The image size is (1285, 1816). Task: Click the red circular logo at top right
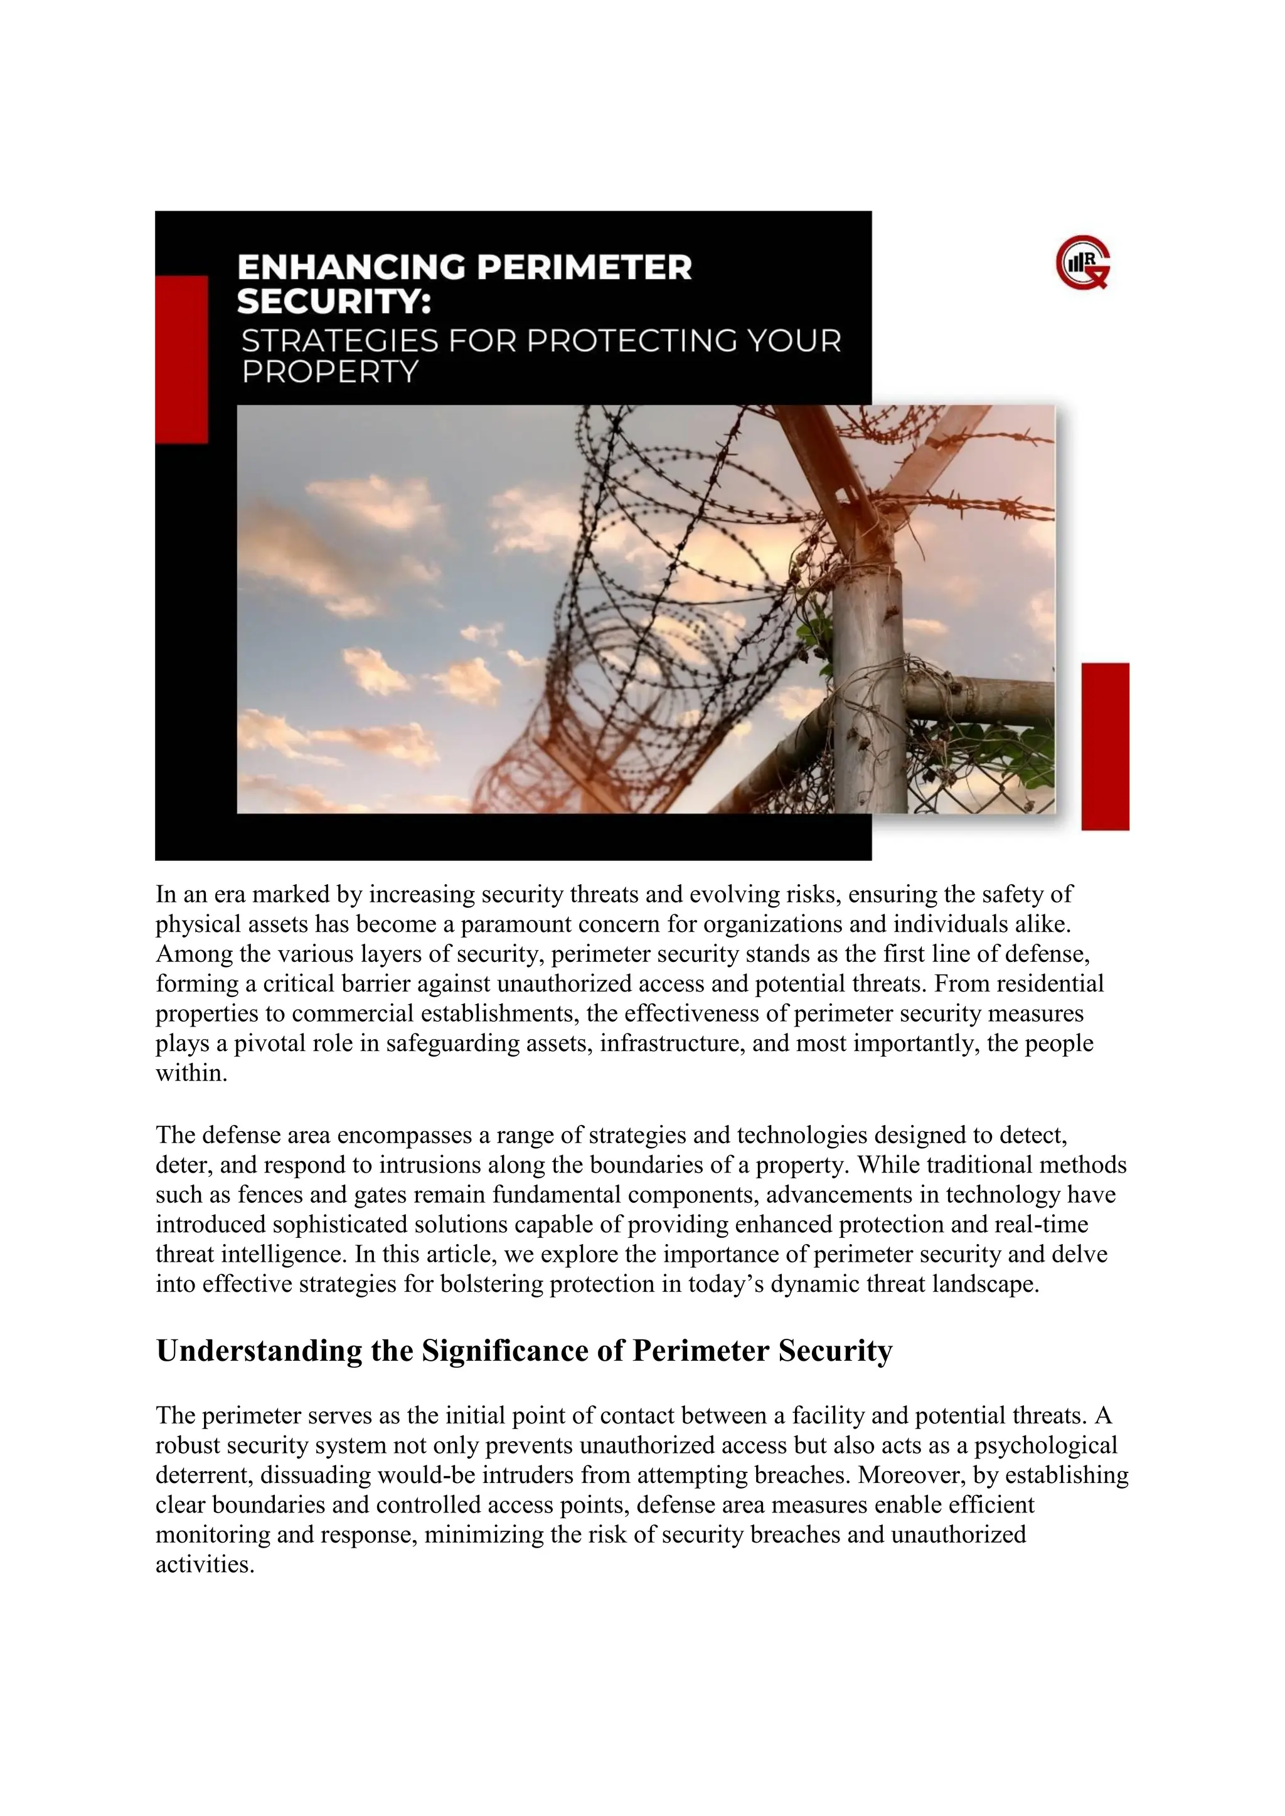pos(1082,266)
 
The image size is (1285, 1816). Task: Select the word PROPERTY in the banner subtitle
pos(329,372)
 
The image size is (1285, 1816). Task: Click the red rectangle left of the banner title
pos(181,359)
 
